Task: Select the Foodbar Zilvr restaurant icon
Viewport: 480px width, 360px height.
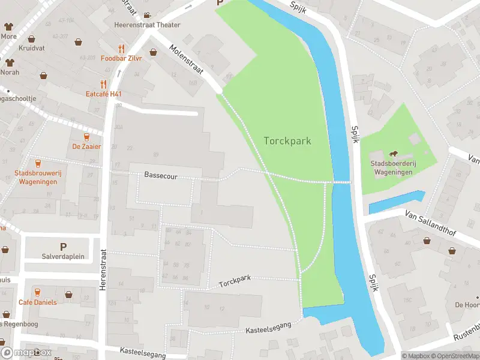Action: pyautogui.click(x=122, y=49)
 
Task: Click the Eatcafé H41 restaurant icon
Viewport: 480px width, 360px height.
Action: pyautogui.click(x=103, y=85)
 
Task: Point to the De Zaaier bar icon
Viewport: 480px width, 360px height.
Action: pyautogui.click(x=87, y=137)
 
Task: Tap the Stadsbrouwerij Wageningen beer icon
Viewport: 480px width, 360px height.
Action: pyautogui.click(x=38, y=163)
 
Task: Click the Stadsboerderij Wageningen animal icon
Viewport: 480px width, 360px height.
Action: pyautogui.click(x=394, y=155)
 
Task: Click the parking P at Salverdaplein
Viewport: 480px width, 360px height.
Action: pyautogui.click(x=63, y=247)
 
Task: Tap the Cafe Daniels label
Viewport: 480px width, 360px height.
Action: pyautogui.click(x=37, y=302)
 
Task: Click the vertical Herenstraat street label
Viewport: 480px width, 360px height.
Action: pyautogui.click(x=103, y=270)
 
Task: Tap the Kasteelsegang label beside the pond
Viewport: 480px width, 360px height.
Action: pyautogui.click(x=268, y=327)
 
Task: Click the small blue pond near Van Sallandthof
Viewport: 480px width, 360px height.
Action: pyautogui.click(x=396, y=202)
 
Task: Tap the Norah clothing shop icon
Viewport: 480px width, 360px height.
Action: pyautogui.click(x=9, y=62)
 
